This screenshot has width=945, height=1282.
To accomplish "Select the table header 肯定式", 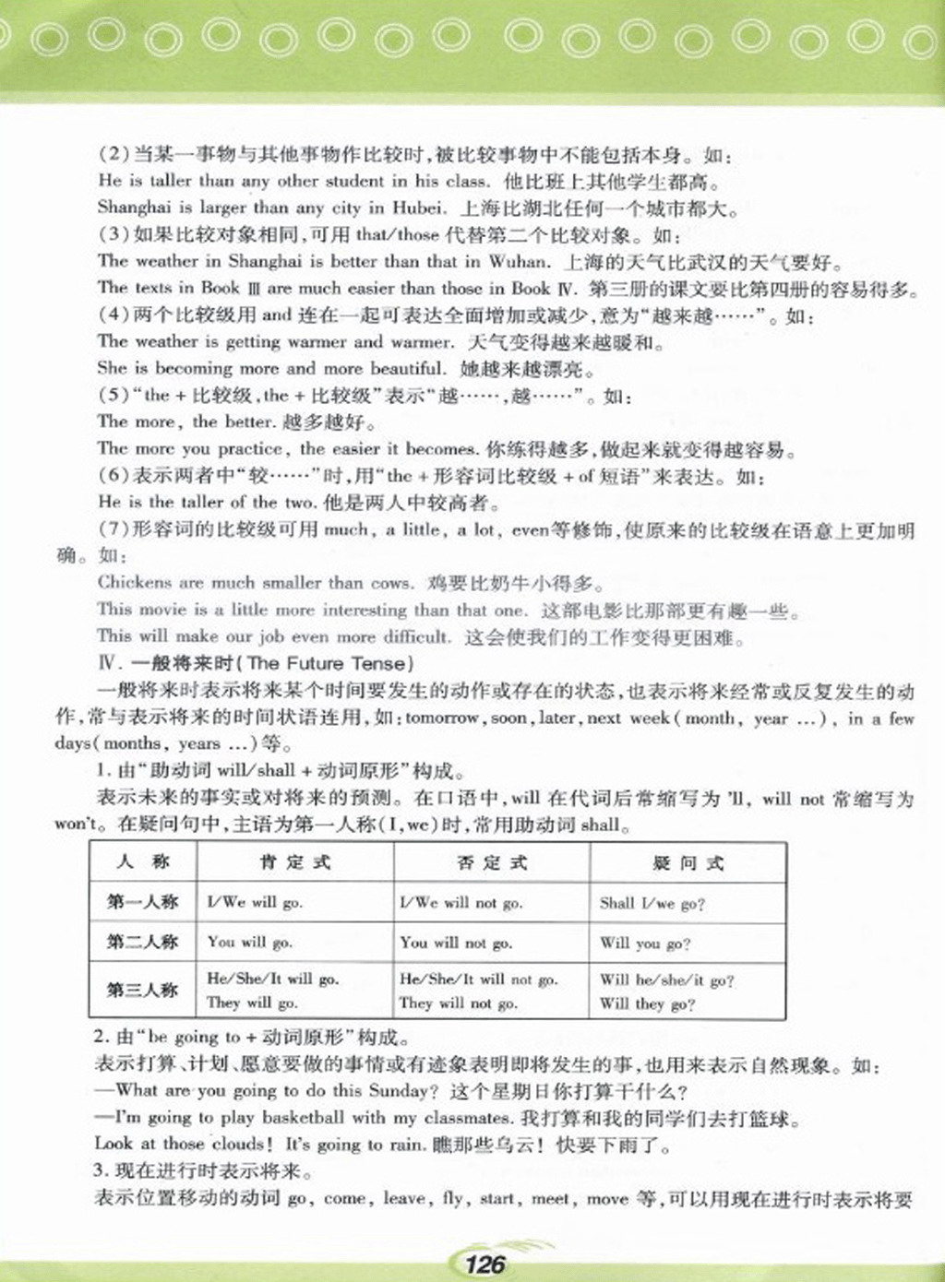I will coord(294,862).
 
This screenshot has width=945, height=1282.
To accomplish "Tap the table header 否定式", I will coord(492,862).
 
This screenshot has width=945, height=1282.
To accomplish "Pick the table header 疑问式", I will coord(688,863).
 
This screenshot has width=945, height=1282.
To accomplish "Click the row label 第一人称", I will coord(142,902).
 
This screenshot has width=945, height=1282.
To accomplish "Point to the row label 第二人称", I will coord(142,942).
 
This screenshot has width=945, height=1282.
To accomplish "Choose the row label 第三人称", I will coord(142,990).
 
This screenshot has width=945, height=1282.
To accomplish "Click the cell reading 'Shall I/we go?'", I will coord(652,904).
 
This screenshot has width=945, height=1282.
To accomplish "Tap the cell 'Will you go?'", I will coord(645,944).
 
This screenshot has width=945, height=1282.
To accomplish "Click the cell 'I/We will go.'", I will coord(255,903).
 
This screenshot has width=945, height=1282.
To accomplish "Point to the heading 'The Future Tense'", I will coord(330,663).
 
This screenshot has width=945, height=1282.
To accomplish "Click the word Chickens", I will coord(135,582).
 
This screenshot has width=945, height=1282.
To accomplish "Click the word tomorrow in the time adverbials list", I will coord(442,718).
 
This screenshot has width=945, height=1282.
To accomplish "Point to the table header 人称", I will coord(143,862).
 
